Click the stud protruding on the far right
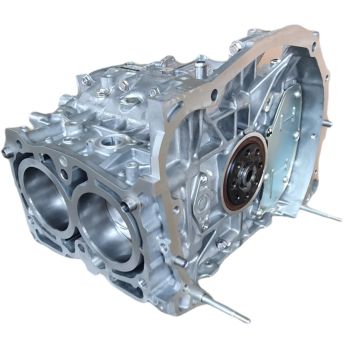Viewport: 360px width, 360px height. tap(321, 213)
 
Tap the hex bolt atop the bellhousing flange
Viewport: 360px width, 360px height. tap(233, 47)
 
